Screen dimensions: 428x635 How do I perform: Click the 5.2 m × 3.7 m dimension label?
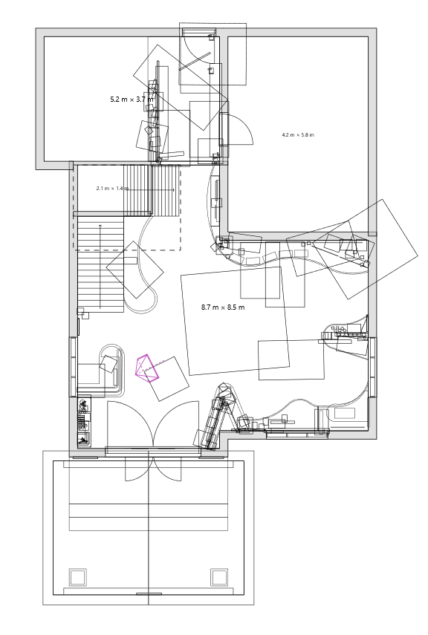132,100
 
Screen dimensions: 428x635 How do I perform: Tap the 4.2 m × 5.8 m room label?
298,135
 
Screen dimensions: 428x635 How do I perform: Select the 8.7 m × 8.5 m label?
223,307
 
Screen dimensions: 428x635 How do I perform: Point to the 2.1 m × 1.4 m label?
113,189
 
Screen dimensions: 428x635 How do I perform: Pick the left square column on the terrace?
78,576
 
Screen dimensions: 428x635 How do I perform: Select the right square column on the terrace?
219,576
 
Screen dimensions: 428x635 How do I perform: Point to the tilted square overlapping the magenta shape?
167,379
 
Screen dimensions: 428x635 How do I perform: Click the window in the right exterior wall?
372,368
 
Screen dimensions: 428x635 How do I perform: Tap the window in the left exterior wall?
73,366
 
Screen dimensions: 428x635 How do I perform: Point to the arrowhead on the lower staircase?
100,225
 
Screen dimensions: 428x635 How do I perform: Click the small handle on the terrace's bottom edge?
149,593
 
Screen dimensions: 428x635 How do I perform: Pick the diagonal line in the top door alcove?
195,61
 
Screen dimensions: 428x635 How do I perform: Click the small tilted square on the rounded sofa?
108,363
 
